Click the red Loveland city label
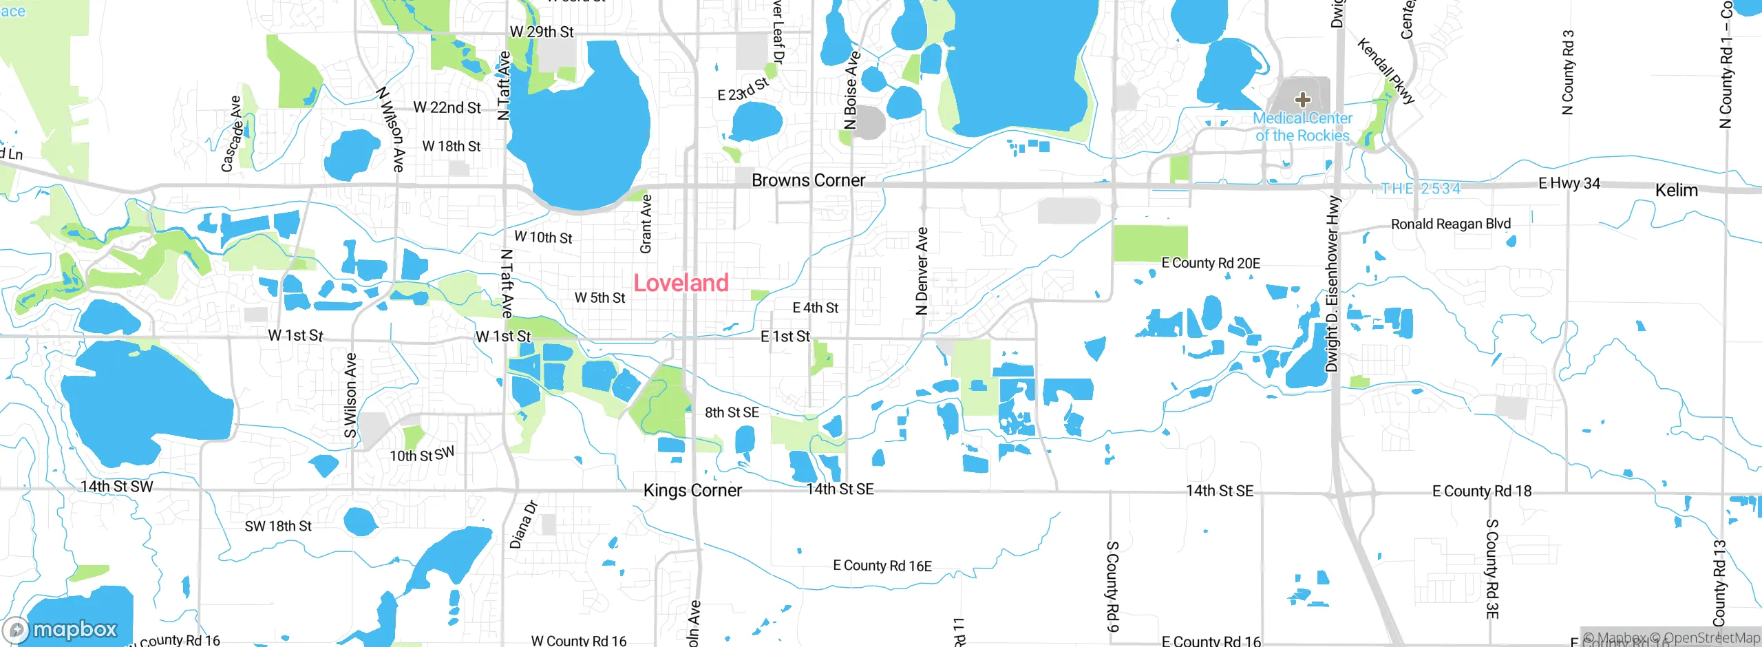(681, 283)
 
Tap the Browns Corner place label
(808, 180)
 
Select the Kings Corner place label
(692, 490)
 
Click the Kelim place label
(1676, 191)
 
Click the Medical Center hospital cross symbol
(1302, 100)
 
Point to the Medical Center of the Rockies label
(1302, 127)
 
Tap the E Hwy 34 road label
(1569, 184)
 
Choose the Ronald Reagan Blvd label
(1451, 224)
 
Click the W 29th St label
(542, 32)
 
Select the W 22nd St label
(447, 108)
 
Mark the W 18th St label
(452, 147)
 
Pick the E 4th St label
(816, 308)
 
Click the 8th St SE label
(732, 412)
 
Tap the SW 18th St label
(278, 527)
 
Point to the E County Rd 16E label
(882, 566)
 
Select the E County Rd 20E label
(1211, 264)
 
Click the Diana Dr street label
(523, 524)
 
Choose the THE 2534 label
(1421, 189)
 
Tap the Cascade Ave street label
(232, 134)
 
